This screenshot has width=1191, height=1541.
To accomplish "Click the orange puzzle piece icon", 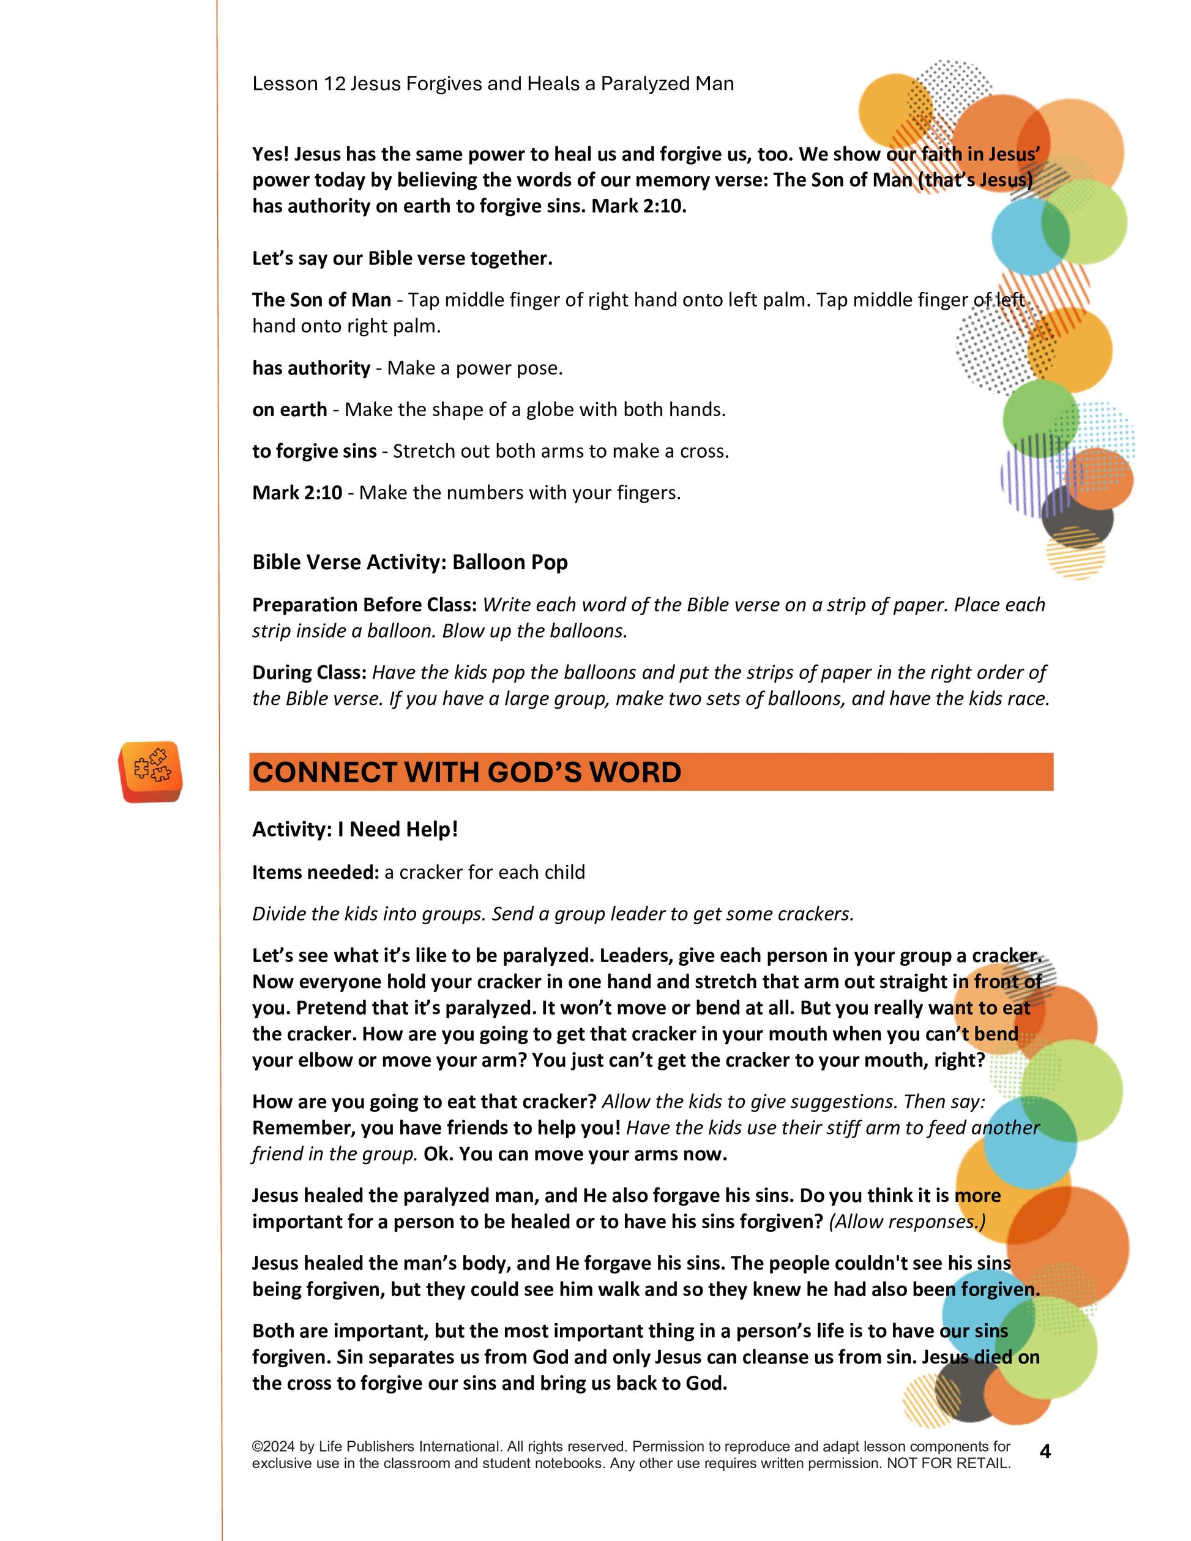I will pyautogui.click(x=151, y=771).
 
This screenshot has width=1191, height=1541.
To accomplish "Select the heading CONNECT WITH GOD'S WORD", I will pyautogui.click(x=466, y=772).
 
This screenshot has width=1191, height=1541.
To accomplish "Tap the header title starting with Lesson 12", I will pyautogui.click(x=493, y=83).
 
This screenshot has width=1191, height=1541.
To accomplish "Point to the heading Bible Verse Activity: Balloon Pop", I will pyautogui.click(x=410, y=562).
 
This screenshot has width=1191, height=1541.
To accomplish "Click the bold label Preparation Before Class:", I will pyautogui.click(x=365, y=605).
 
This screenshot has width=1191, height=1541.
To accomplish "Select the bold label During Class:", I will pyautogui.click(x=309, y=673).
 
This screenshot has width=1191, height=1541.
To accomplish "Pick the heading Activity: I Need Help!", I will pyautogui.click(x=355, y=829).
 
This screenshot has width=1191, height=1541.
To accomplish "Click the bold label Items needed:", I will pyautogui.click(x=315, y=872).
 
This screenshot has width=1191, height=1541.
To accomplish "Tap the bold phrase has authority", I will pyautogui.click(x=311, y=368).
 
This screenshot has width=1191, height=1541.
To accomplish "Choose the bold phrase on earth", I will pyautogui.click(x=289, y=410).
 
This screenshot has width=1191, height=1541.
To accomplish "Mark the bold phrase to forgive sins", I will pyautogui.click(x=314, y=452).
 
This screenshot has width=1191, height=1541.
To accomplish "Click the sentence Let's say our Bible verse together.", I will pyautogui.click(x=402, y=258).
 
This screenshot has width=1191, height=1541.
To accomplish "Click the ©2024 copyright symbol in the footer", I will pyautogui.click(x=257, y=1447).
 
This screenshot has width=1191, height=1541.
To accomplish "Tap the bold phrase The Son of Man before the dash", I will pyautogui.click(x=321, y=300).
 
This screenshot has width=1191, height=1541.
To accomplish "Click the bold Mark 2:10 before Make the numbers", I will pyautogui.click(x=297, y=493).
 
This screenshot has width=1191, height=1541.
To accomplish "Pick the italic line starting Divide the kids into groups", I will pyautogui.click(x=553, y=914).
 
